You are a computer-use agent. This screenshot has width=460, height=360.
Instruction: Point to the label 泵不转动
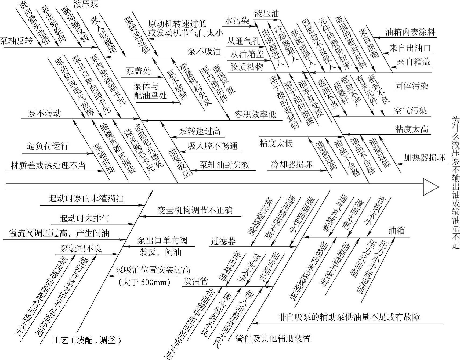[45, 114]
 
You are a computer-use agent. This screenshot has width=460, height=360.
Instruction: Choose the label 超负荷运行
[48, 146]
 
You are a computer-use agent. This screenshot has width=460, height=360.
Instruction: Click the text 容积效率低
[255, 115]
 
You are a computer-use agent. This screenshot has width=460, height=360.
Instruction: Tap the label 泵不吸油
[204, 52]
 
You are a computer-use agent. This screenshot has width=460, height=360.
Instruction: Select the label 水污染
[237, 21]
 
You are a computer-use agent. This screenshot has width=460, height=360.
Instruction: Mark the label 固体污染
[411, 86]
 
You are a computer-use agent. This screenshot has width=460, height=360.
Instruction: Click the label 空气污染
[410, 111]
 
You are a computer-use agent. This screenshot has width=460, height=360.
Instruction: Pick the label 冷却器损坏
[292, 164]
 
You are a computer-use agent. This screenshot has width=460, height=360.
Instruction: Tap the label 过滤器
[223, 241]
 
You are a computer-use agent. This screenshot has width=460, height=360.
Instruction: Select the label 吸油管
[196, 281]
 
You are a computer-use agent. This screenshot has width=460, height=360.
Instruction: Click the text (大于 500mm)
[144, 282]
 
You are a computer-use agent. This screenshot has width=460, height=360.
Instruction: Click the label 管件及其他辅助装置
[273, 338]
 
